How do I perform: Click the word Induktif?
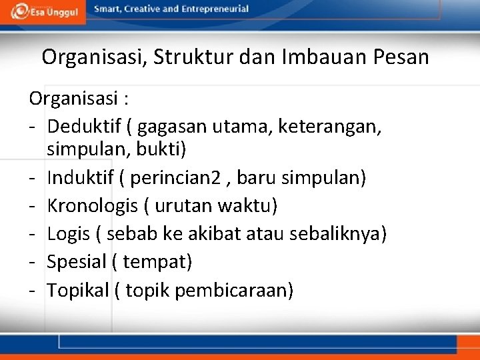[79, 179]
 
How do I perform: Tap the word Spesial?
[77, 262]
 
